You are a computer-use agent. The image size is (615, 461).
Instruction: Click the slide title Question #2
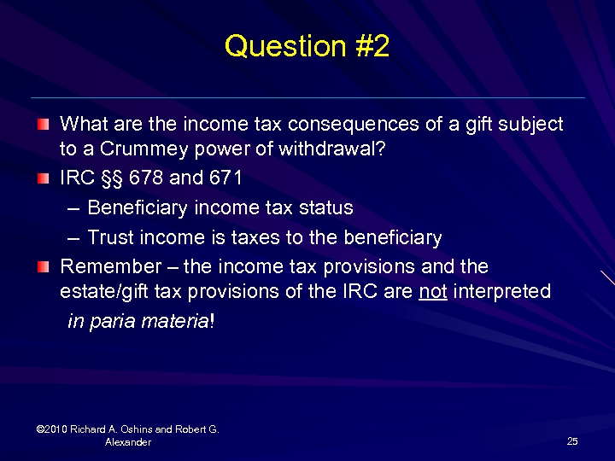[307, 46]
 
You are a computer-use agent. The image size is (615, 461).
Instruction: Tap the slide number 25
[572, 441]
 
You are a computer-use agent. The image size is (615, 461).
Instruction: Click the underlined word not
[433, 291]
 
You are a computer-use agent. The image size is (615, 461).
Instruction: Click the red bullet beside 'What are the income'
[43, 125]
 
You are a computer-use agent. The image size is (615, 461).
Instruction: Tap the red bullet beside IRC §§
[43, 178]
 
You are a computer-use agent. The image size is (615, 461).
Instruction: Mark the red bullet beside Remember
[43, 267]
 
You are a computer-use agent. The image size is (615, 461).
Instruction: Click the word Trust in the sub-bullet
[107, 237]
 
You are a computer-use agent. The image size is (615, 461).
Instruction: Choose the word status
[325, 207]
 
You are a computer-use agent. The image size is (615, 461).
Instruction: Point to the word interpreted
[502, 291]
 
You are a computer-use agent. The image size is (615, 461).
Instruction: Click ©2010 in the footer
[53, 429]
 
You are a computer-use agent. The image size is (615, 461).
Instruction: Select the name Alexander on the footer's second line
[128, 442]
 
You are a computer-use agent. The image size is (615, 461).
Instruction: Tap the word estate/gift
[102, 291]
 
